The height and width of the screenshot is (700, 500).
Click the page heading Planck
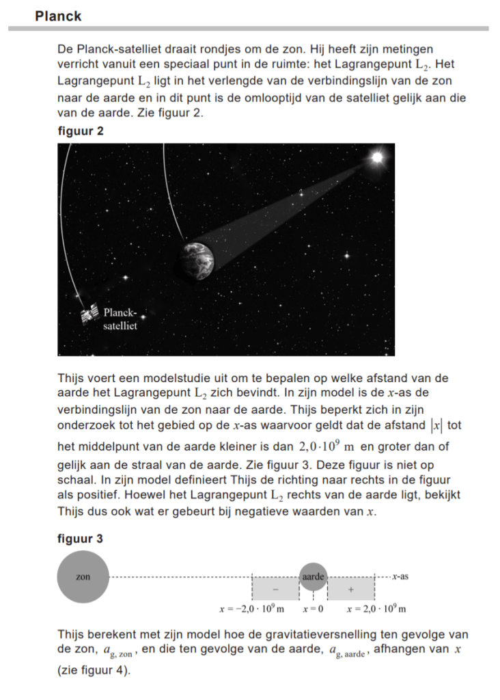pyautogui.click(x=58, y=16)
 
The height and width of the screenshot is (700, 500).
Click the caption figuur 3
pyautogui.click(x=81, y=539)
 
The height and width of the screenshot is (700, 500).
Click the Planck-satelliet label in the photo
pyautogui.click(x=120, y=320)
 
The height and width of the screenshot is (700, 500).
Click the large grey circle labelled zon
pyautogui.click(x=83, y=577)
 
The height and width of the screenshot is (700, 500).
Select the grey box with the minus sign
pyautogui.click(x=275, y=588)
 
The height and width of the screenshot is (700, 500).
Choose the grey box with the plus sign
pyautogui.click(x=352, y=588)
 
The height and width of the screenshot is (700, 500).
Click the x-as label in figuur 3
pyautogui.click(x=400, y=576)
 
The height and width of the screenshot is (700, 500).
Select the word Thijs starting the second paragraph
pyautogui.click(x=72, y=378)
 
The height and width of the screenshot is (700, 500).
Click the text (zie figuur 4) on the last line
pyautogui.click(x=94, y=671)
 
